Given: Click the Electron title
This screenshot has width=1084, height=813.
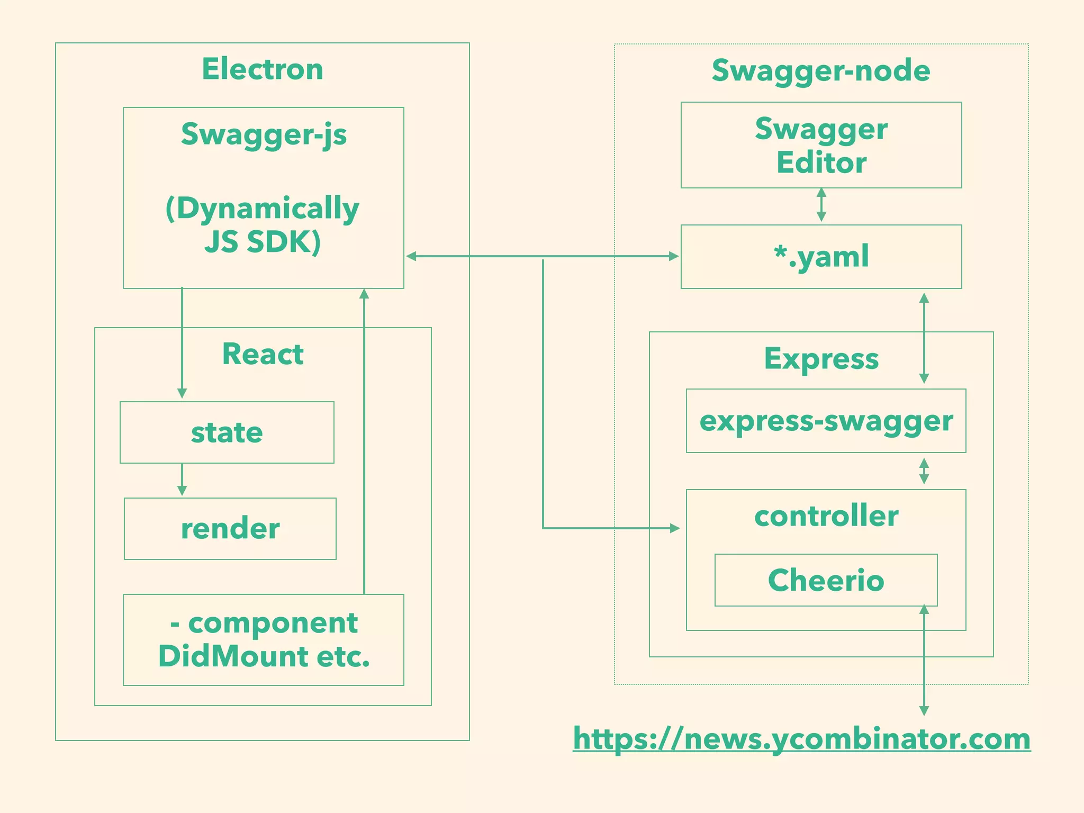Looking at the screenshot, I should click(x=263, y=69).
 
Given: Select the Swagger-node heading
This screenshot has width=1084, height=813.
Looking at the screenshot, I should click(x=821, y=70).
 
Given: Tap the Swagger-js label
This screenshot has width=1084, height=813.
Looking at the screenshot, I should click(x=264, y=134).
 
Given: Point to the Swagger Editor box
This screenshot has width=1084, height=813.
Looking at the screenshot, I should click(x=821, y=145).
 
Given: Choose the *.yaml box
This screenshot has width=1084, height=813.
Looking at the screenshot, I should click(x=821, y=257).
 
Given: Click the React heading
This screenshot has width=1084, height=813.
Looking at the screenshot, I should click(x=263, y=354).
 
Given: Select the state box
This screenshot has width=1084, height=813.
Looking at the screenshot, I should click(x=227, y=432).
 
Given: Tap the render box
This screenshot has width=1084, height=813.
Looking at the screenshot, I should click(x=230, y=528).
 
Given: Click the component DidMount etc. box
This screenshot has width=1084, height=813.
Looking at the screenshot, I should click(x=264, y=639).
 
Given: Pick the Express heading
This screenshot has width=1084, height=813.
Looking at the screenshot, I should click(x=821, y=358).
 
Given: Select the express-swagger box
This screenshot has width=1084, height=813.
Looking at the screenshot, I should click(x=826, y=421).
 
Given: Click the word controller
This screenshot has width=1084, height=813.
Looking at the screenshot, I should click(x=826, y=516).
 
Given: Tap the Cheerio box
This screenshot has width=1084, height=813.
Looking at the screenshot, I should click(x=826, y=580).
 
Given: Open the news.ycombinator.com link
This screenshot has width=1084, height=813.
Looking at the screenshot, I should click(x=801, y=738).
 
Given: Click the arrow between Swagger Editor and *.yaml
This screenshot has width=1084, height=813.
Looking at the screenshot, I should click(x=821, y=205).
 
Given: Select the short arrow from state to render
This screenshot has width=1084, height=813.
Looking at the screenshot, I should click(x=182, y=480).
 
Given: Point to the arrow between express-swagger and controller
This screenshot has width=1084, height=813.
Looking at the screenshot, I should click(x=924, y=471).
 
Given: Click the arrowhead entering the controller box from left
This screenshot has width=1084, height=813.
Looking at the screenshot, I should click(x=674, y=528).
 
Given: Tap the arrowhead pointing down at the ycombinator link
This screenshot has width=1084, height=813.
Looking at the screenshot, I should click(x=924, y=710).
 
